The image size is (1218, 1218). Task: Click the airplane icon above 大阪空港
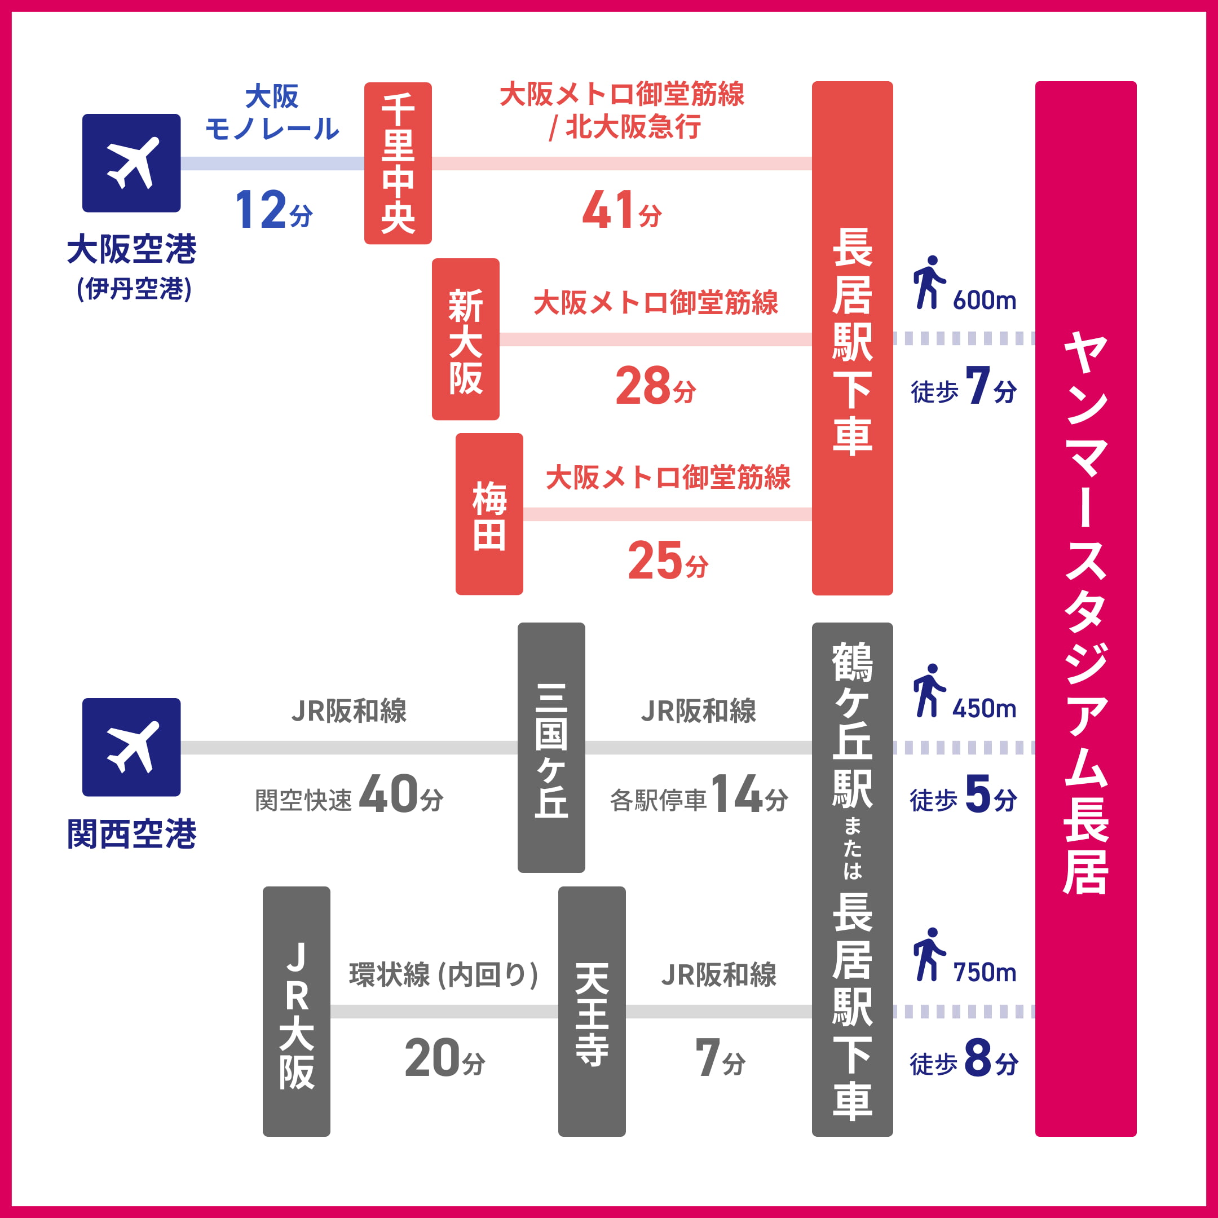131,162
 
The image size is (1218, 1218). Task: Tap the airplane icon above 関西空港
131,747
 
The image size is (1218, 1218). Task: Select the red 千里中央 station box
398,162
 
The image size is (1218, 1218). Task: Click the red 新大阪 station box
465,339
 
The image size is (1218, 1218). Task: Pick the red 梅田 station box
489,514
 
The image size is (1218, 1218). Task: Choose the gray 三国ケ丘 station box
551,747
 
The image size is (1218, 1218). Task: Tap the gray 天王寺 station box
592,1011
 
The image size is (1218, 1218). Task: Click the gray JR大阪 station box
296,1011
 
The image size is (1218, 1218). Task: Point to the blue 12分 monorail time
273,210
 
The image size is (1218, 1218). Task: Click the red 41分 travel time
621,210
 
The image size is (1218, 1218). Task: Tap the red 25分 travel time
668,561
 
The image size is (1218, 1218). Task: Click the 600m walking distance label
984,301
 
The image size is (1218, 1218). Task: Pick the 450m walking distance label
984,709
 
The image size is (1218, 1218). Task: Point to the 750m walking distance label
984,973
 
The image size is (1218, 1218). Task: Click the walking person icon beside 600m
929,283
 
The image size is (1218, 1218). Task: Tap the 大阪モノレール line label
272,113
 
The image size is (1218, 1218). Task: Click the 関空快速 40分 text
349,796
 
